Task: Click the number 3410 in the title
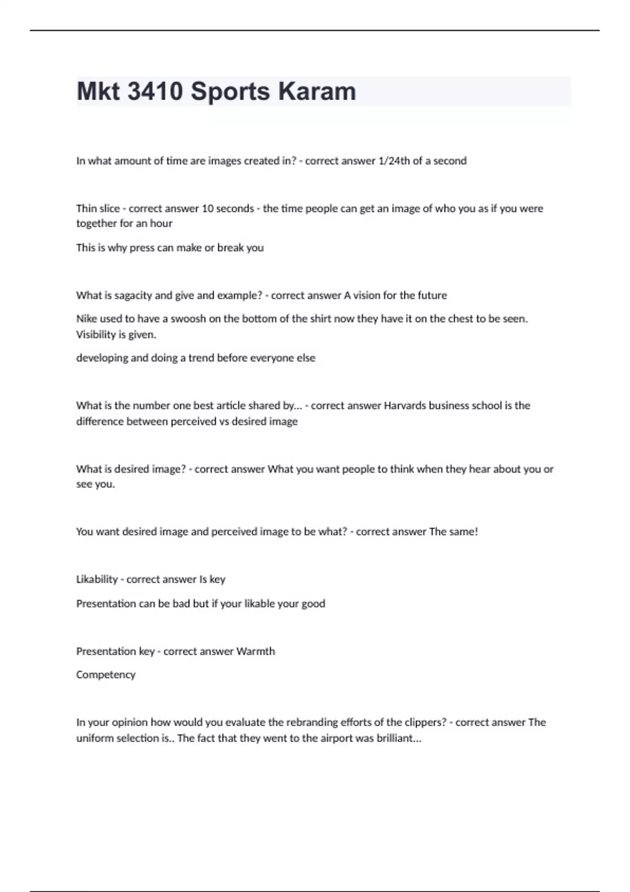click(155, 91)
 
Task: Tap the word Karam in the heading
click(317, 91)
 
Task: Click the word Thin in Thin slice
click(87, 208)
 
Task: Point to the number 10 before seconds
click(207, 208)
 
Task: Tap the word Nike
click(87, 318)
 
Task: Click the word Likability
click(97, 579)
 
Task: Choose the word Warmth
click(256, 651)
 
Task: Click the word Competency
click(106, 675)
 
